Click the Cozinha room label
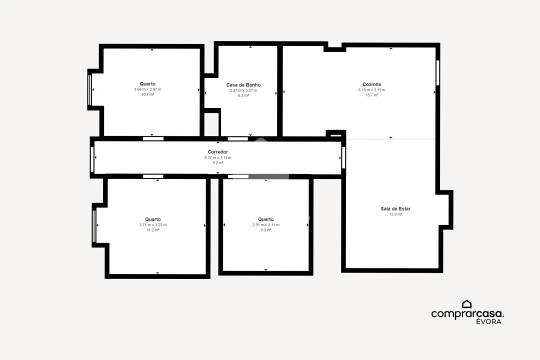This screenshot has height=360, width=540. pos(371,84)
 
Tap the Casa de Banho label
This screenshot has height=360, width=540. pos(243,84)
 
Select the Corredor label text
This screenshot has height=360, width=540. pos(217,151)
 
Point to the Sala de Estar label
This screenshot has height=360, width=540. pos(395,208)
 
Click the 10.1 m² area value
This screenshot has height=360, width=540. pos(147,94)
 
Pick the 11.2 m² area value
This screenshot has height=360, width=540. pos(153,230)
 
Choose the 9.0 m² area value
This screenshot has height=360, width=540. pos(266,230)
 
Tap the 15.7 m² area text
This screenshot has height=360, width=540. pos(371,95)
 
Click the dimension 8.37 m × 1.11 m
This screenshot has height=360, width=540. pos(217,157)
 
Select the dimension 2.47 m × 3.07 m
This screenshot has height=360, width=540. pos(243,90)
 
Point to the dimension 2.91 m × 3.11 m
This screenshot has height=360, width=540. pos(266,224)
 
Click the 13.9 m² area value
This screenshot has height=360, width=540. pos(395,214)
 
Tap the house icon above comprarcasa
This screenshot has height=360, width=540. pos(466,303)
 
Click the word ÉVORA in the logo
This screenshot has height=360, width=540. pos(488,321)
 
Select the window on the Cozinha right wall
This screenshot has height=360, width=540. pos(437,72)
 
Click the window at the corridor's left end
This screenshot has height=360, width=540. pos(92,159)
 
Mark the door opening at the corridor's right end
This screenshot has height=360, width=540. pos(343,157)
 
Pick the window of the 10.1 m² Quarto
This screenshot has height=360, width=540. pos(89,89)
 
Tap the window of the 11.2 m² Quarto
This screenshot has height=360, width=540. pos(94,226)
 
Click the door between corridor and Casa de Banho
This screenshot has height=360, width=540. pos(237,139)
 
